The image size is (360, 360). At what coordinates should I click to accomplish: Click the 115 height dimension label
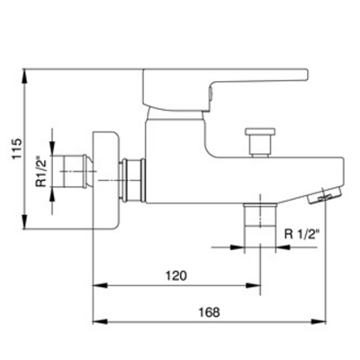[x=17, y=148]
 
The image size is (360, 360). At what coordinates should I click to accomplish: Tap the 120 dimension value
[x=176, y=275]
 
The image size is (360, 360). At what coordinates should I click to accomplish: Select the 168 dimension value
[x=209, y=312]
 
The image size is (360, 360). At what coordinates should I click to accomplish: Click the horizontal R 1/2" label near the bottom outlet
[x=302, y=234]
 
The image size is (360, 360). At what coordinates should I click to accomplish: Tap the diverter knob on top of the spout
[x=260, y=142]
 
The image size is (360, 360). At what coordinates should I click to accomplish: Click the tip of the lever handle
[x=307, y=75]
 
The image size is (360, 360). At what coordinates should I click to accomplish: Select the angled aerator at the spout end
[x=325, y=195]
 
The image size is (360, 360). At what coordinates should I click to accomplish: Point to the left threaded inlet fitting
[x=76, y=171]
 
